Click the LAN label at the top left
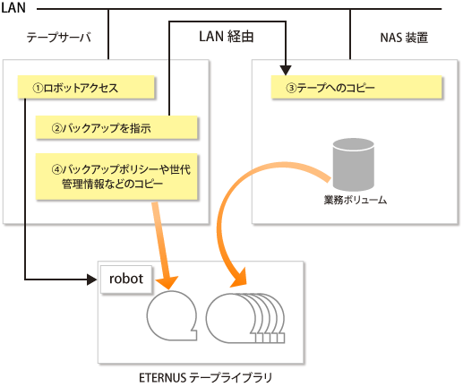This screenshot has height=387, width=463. coord(13,7)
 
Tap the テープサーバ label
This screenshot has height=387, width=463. coord(59,38)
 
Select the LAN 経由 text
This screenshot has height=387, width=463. coord(227,37)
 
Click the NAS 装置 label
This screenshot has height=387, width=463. coord(404,38)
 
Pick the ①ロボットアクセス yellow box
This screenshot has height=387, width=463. coord(86,87)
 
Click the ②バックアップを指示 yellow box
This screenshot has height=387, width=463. coord(116,127)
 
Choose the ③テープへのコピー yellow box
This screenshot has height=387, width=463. coord(356,87)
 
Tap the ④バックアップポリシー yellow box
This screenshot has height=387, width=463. coord(116,176)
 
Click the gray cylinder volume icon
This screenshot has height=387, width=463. coord(354,165)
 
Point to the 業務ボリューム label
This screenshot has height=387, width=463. coord(356,200)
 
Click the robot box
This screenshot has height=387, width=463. coord(126,279)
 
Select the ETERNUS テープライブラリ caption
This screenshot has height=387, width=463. coord(205,378)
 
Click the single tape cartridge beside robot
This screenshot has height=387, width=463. coord(172,315)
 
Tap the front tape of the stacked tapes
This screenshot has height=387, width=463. coord(231,318)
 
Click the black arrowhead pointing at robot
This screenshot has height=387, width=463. coord(92,279)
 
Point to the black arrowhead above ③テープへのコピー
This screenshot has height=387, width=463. coord(286,71)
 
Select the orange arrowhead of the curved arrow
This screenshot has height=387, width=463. coord(239,279)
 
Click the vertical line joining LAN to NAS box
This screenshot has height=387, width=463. coord(350,34)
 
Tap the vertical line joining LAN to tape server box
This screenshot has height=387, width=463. coord(108,34)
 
